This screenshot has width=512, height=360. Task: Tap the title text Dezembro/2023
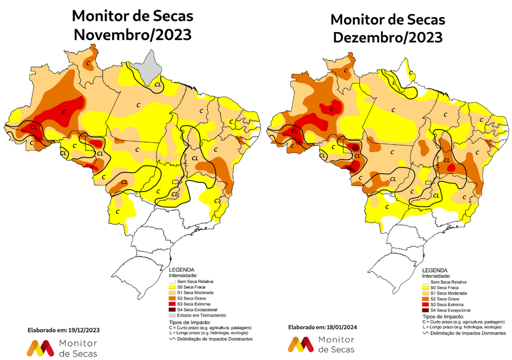pos(387,37)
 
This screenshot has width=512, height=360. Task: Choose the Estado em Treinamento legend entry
pos(197,315)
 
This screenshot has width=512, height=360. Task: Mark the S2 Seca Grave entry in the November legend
pos(195,298)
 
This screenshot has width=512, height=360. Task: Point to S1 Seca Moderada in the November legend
pos(197,293)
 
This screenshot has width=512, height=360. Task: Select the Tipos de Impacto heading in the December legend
pos(443,316)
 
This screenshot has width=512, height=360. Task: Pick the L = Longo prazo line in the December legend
pos(460,327)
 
